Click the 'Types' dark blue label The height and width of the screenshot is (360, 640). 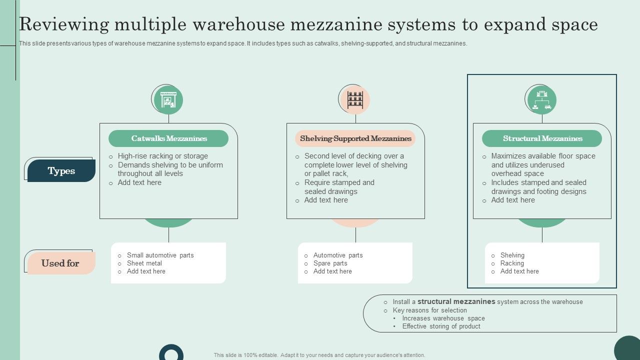61,171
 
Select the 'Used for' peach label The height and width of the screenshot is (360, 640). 60,263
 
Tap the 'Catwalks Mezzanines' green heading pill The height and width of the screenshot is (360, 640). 168,138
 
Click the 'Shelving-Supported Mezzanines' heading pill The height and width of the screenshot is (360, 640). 355,138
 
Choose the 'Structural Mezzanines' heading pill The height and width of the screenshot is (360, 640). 542,138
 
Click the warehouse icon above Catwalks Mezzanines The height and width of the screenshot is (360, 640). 168,100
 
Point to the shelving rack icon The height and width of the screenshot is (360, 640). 355,99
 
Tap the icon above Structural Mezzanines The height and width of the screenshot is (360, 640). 542,100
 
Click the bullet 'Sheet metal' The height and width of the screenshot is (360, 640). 144,263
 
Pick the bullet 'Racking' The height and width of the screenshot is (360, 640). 512,263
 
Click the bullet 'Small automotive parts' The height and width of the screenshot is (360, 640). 160,255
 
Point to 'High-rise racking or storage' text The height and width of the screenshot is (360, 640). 162,156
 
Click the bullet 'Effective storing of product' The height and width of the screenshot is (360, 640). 441,326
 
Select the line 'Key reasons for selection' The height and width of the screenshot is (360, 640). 429,310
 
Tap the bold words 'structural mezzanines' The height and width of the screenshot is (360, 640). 456,301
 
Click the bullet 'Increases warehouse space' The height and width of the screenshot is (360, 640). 443,318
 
